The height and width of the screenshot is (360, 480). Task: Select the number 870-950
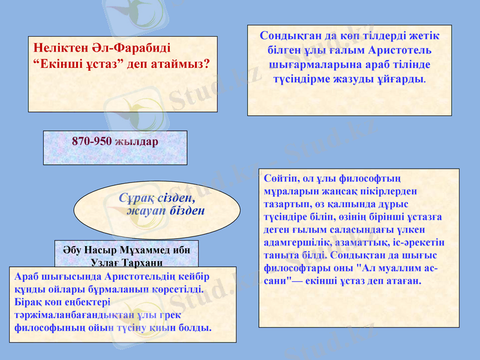(91, 142)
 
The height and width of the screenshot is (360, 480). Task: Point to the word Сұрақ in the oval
(136, 197)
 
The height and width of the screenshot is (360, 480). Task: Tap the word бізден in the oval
(187, 211)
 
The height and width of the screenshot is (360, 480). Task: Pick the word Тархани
(139, 262)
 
